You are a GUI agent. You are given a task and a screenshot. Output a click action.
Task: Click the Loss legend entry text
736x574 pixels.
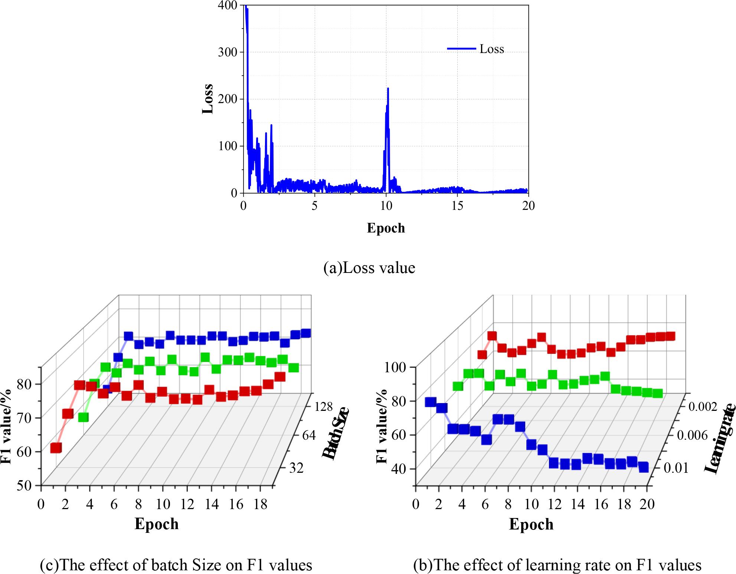[491, 49]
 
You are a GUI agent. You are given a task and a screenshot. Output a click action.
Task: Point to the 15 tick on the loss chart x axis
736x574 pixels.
[457, 206]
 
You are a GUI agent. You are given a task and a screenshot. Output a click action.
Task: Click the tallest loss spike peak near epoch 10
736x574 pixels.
[388, 89]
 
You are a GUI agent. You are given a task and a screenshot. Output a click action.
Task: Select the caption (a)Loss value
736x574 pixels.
[369, 268]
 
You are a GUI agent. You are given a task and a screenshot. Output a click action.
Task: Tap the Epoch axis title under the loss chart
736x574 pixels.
[386, 228]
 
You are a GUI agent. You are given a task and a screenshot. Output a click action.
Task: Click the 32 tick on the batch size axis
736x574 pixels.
[296, 468]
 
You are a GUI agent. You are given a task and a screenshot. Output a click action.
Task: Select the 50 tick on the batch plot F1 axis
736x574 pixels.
[24, 485]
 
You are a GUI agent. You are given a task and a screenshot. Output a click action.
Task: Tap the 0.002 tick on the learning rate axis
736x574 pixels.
[703, 407]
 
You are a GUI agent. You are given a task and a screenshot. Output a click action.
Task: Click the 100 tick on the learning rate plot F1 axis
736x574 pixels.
[398, 367]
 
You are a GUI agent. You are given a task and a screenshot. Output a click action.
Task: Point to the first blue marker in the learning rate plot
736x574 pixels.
[431, 402]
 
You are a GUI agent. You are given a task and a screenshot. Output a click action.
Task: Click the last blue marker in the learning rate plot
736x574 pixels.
[643, 467]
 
